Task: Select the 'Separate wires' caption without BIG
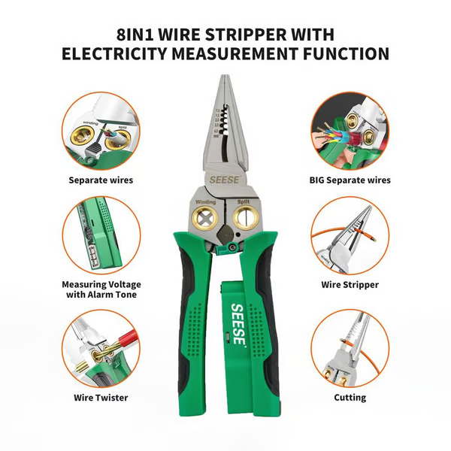point(100,180)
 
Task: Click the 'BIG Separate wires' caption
point(350,180)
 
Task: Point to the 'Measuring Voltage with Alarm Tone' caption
point(101,290)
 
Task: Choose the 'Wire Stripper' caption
point(350,285)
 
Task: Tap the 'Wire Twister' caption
point(101,397)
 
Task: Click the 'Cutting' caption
point(350,397)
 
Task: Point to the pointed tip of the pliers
point(226,77)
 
